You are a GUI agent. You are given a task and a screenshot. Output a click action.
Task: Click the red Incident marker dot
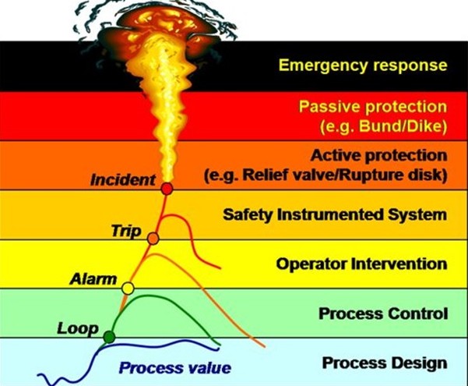[166, 188]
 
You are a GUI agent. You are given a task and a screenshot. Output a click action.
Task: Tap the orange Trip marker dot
[153, 238]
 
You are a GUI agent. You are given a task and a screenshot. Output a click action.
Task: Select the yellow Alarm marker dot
[128, 289]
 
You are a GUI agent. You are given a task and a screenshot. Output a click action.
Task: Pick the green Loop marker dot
[109, 337]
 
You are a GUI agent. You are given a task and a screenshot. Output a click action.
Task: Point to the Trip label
[125, 230]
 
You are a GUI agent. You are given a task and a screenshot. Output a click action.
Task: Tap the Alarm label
[93, 279]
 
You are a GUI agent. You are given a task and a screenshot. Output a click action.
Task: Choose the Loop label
[77, 328]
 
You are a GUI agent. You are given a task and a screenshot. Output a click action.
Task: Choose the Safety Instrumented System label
[335, 213]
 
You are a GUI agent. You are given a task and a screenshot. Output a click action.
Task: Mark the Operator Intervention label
[361, 264]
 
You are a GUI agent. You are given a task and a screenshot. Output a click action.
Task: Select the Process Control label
[383, 313]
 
